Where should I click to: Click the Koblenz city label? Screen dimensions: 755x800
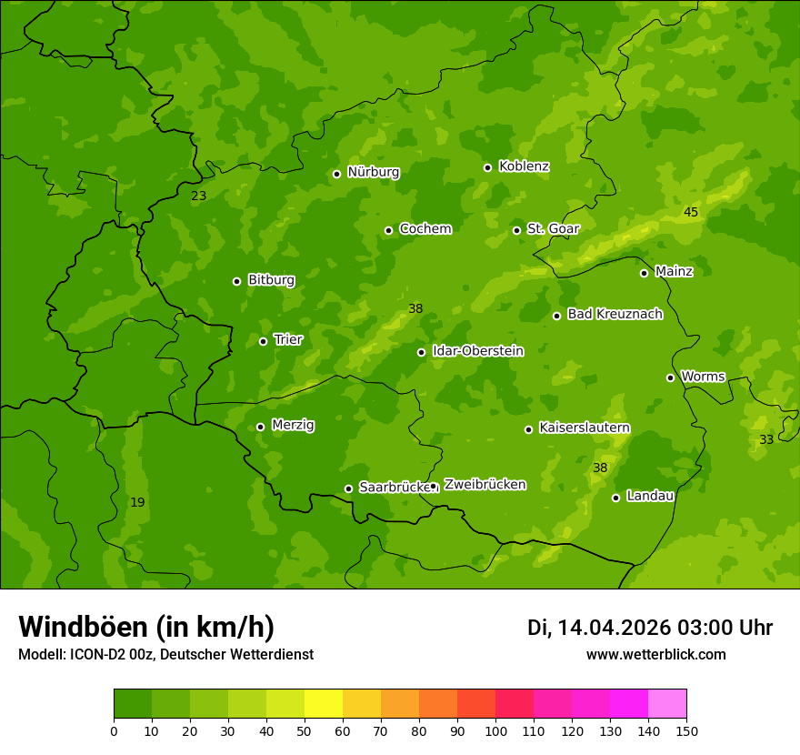[x=524, y=166]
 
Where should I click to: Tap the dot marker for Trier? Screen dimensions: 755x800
[x=264, y=341]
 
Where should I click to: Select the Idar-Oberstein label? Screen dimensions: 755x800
[x=477, y=351]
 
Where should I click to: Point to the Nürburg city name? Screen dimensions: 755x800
[x=373, y=172]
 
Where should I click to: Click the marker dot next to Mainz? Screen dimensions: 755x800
[x=644, y=273]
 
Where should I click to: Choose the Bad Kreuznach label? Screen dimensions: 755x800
[x=615, y=314]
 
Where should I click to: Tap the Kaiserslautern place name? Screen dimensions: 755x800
[x=584, y=428]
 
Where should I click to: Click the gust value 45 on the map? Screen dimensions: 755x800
[x=691, y=212]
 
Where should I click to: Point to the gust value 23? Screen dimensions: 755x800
[x=198, y=196]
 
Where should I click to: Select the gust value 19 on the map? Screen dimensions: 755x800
[x=137, y=502]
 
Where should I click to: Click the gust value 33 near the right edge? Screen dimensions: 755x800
[x=766, y=439]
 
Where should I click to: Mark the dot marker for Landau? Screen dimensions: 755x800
[x=615, y=498]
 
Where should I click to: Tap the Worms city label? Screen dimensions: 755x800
[x=703, y=377]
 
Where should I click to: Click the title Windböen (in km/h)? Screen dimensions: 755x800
[x=146, y=627]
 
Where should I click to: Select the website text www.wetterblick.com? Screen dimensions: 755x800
[x=655, y=654]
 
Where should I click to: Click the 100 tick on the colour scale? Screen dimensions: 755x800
[x=495, y=730]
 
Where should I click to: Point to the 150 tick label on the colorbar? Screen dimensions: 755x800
[x=685, y=730]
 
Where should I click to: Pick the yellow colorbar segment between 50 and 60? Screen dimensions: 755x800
[x=324, y=704]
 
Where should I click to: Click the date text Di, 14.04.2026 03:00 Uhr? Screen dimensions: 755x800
[x=650, y=628]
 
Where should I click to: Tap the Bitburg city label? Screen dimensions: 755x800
[x=271, y=280]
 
